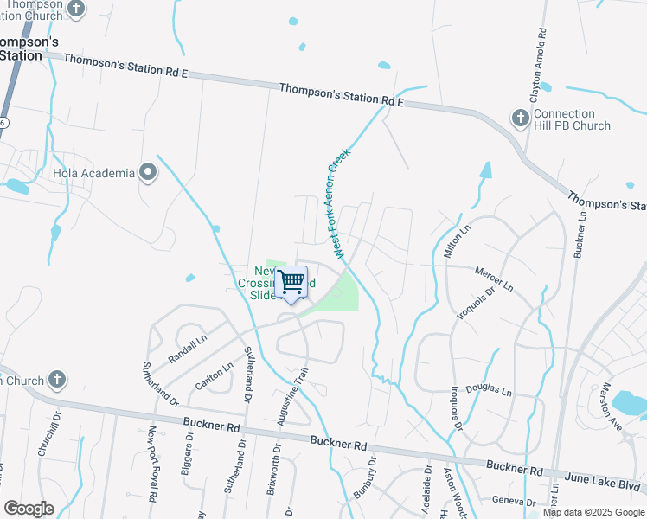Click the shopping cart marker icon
point(291,282)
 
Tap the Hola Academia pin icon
point(148,173)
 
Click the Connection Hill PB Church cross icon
point(520,118)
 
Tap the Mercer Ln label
point(494,279)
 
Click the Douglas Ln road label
point(490,392)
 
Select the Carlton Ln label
point(215,377)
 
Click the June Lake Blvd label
point(598,477)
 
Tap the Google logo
point(29,509)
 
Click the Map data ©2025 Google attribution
point(593,512)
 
